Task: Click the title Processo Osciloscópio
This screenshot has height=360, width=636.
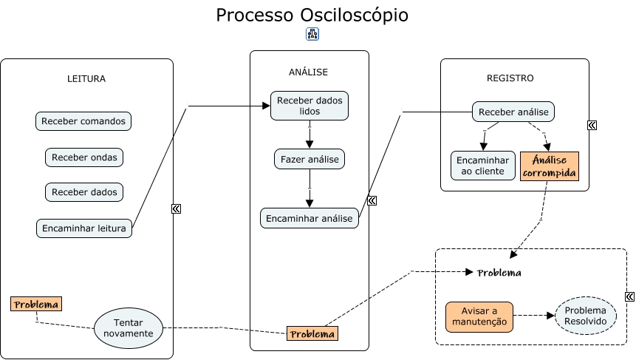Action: coord(312,16)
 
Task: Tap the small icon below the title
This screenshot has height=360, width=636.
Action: coord(312,35)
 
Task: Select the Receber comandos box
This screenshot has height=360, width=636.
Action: coord(83,121)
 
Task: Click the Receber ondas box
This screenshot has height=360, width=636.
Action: coord(83,157)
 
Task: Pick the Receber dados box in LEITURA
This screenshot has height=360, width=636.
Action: coord(83,192)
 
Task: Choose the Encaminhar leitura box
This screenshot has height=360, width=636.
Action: coord(83,228)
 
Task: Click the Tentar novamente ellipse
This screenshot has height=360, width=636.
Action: coord(128,327)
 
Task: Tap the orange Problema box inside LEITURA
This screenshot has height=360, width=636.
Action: coord(36,304)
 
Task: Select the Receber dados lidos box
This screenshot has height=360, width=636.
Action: coord(310,105)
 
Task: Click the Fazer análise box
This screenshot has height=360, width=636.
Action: coord(310,158)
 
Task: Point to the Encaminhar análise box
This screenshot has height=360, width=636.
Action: coord(310,218)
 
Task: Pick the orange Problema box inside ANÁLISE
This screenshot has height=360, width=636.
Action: coord(312,334)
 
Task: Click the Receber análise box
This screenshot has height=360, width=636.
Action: coord(513,112)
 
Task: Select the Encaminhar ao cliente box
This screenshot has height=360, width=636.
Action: coord(483,166)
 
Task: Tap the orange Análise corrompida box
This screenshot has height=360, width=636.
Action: coord(549,166)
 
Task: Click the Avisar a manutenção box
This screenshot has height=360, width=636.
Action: coord(479,316)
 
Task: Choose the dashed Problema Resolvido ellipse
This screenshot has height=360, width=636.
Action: coord(585,316)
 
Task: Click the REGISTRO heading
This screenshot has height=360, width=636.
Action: coord(510,78)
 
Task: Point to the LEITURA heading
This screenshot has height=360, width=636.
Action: coord(86,78)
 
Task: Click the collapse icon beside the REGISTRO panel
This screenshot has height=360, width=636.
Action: coord(592,125)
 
